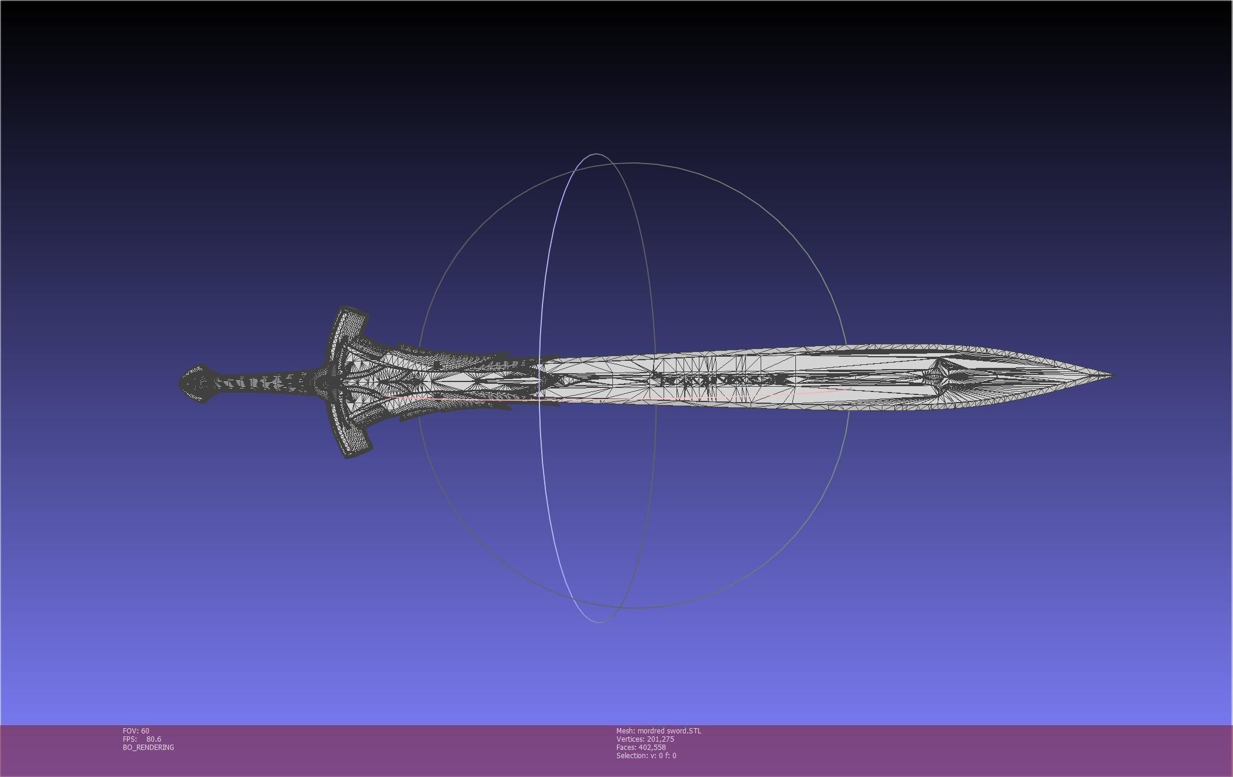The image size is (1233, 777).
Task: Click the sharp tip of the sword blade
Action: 1112,374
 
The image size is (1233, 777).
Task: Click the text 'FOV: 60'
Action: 136,730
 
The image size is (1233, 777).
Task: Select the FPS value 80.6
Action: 154,739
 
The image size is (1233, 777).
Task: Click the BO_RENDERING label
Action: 148,747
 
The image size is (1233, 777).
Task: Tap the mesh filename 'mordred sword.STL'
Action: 669,730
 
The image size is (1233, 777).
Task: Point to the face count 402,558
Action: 652,747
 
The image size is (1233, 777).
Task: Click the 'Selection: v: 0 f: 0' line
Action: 646,755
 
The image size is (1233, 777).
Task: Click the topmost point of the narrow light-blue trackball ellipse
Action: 595,154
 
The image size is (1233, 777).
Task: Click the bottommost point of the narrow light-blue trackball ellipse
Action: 598,622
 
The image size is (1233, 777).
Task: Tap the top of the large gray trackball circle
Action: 634,162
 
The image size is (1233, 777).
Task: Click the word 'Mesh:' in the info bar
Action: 626,730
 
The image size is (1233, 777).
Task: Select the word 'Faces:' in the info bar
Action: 627,747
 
